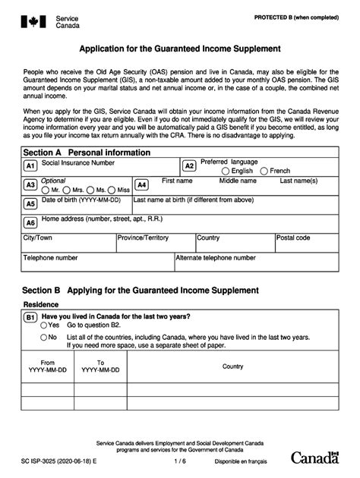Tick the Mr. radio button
pos(45,190)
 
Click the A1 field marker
pos(30,166)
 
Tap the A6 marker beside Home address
pos(30,223)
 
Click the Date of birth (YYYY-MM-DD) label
pos(81,200)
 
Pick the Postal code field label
pos(293,237)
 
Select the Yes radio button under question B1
pos(44,325)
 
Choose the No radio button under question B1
pos(44,336)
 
